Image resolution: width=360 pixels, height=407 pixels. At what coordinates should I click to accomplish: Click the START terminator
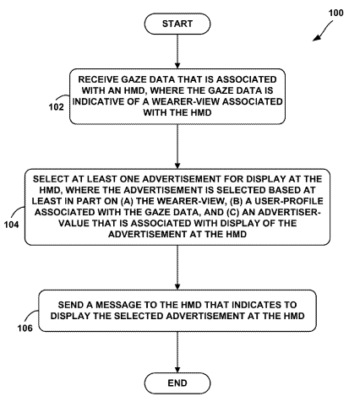click(x=177, y=24)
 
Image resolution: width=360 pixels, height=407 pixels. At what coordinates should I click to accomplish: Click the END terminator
click(x=177, y=383)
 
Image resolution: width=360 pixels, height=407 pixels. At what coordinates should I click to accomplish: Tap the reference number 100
click(x=335, y=13)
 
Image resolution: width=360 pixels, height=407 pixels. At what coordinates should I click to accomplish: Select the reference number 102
click(x=57, y=107)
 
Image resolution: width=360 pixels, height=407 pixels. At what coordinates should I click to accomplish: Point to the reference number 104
click(x=11, y=225)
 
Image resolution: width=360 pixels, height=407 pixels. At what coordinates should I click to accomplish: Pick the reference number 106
click(x=25, y=328)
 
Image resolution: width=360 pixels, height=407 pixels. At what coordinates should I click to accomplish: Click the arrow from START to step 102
click(x=177, y=52)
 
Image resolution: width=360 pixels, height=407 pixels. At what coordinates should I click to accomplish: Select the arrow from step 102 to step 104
click(x=177, y=146)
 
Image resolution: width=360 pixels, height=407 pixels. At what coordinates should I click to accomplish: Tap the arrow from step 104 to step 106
click(x=177, y=268)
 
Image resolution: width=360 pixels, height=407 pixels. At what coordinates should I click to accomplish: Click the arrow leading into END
click(x=177, y=352)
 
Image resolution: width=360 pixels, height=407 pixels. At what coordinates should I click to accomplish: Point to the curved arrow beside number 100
click(x=323, y=30)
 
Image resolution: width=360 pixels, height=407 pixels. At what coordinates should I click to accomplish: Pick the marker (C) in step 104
click(x=232, y=212)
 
